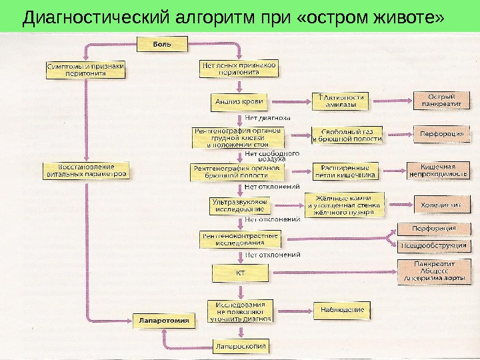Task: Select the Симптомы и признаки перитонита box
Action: click(x=85, y=70)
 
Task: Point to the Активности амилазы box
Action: click(x=341, y=101)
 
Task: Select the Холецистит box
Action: click(x=441, y=205)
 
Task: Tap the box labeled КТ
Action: click(x=239, y=273)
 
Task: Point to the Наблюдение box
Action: click(x=342, y=309)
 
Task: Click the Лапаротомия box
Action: click(x=164, y=321)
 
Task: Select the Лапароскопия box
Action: click(x=240, y=346)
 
